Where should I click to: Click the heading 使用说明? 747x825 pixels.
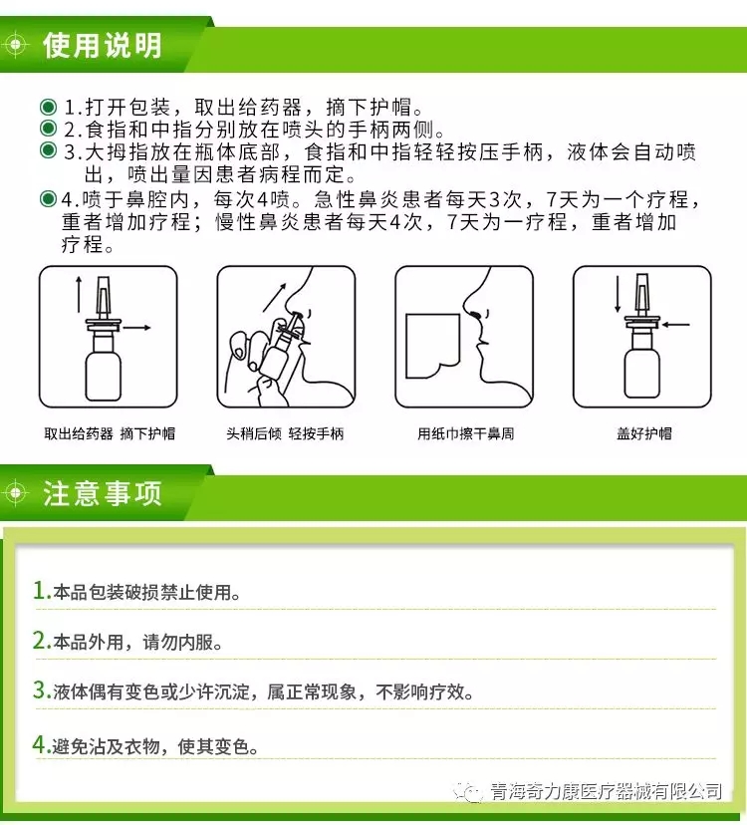click(x=102, y=45)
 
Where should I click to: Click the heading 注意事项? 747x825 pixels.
click(x=102, y=493)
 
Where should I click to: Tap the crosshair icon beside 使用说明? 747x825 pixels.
click(x=16, y=45)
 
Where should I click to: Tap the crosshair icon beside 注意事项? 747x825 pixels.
click(x=16, y=493)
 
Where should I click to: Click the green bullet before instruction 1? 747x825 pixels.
click(x=49, y=107)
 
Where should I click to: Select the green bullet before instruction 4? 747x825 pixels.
click(x=49, y=199)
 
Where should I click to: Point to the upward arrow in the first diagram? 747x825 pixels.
click(x=79, y=294)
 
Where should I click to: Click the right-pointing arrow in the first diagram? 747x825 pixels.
click(x=136, y=328)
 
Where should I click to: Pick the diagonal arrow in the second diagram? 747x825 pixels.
click(x=274, y=297)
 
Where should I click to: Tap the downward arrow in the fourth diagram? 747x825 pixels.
click(x=619, y=294)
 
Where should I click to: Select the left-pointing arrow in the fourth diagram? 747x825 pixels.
click(x=675, y=325)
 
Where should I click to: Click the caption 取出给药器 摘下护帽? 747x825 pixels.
click(x=110, y=433)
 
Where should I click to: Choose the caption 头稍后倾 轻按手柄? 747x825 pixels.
click(x=285, y=433)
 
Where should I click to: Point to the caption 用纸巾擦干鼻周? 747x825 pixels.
click(x=465, y=433)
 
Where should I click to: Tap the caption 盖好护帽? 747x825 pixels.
click(x=643, y=433)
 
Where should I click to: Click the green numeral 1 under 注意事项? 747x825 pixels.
click(x=40, y=590)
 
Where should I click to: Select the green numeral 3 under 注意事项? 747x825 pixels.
click(x=40, y=689)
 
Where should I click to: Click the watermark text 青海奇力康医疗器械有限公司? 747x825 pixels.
click(x=606, y=791)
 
